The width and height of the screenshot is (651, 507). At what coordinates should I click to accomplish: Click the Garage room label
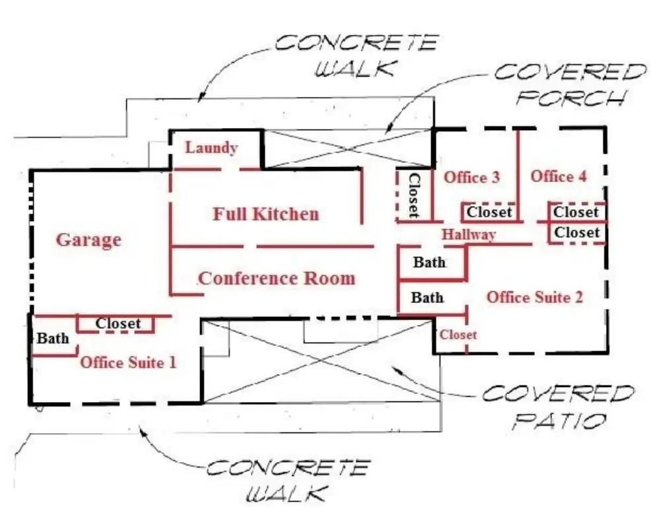(88, 240)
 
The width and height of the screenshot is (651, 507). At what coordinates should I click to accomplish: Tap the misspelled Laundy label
(211, 147)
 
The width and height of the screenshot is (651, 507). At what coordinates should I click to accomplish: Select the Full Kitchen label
(265, 214)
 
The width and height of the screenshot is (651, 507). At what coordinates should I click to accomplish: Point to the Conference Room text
(277, 278)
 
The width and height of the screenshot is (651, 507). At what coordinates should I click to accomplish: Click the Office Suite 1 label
(128, 362)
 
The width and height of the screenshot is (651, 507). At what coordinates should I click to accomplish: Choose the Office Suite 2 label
(535, 297)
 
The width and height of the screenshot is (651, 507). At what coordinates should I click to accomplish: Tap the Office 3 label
(471, 177)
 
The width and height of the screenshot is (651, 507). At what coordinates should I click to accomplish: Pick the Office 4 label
(559, 176)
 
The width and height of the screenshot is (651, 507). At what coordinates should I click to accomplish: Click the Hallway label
(469, 234)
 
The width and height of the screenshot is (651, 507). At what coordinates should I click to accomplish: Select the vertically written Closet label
(414, 195)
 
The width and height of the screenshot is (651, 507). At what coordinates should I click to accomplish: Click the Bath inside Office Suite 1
(52, 339)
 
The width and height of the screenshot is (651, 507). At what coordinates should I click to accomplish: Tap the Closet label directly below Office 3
(489, 212)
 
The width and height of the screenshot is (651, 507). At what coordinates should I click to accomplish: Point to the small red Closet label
(458, 335)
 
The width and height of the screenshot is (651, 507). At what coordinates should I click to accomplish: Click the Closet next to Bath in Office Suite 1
(118, 323)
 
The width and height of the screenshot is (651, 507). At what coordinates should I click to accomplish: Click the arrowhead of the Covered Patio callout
(394, 368)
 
